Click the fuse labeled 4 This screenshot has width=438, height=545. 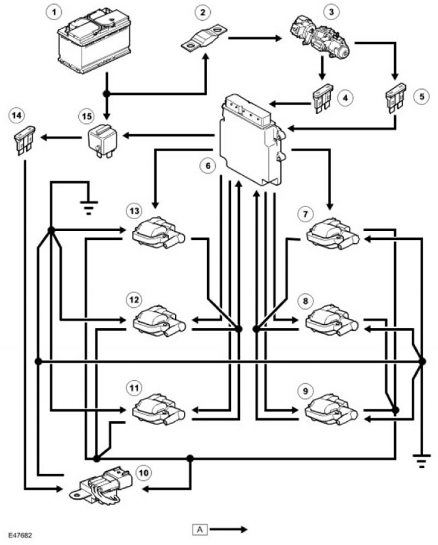pyautogui.click(x=322, y=99)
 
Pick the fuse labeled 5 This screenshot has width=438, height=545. pyautogui.click(x=396, y=97)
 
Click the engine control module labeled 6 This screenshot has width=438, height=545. pyautogui.click(x=252, y=139)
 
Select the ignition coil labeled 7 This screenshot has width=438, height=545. pyautogui.click(x=332, y=232)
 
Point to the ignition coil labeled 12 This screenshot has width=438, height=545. pyautogui.click(x=159, y=320)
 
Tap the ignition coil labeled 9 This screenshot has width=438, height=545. pyautogui.click(x=331, y=409)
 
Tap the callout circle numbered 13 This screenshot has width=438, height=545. pyautogui.click(x=135, y=211)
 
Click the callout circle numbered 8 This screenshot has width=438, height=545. pyautogui.click(x=306, y=301)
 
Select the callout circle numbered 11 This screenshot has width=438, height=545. pyautogui.click(x=134, y=388)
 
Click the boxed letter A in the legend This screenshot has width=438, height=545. pyautogui.click(x=200, y=529)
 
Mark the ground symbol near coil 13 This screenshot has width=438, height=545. pyautogui.click(x=89, y=207)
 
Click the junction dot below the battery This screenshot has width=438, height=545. pyautogui.click(x=107, y=94)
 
